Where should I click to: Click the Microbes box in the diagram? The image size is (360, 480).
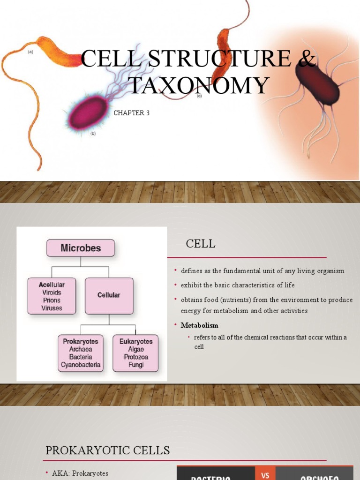pos(81,248)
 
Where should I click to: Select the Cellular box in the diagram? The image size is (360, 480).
pos(109,295)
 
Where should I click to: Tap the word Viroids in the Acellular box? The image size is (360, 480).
pos(52,293)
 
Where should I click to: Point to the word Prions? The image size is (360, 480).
pos(52,301)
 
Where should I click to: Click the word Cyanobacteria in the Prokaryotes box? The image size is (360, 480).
pos(81,365)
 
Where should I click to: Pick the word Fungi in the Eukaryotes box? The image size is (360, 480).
pos(136,365)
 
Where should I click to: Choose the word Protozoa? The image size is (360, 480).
pos(136,357)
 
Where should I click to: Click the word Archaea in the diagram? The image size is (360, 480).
pos(81,349)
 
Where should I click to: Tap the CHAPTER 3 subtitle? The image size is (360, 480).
pos(132,113)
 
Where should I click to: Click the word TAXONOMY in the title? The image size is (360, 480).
pos(199,86)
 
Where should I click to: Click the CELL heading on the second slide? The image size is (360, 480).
pos(201,244)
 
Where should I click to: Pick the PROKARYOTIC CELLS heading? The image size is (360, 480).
pos(108,450)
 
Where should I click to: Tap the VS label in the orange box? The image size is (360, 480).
pos(265,475)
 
